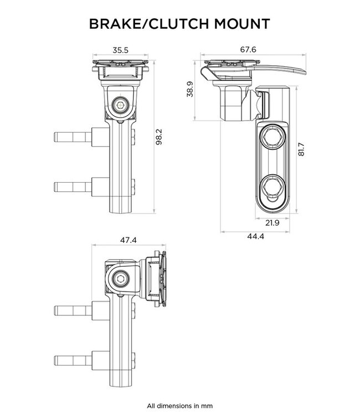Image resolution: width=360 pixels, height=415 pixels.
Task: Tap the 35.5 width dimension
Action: pos(120,50)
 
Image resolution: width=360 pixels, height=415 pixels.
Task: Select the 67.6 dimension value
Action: pos(249,50)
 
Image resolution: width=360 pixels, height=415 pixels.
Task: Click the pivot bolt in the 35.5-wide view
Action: pos(120,103)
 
